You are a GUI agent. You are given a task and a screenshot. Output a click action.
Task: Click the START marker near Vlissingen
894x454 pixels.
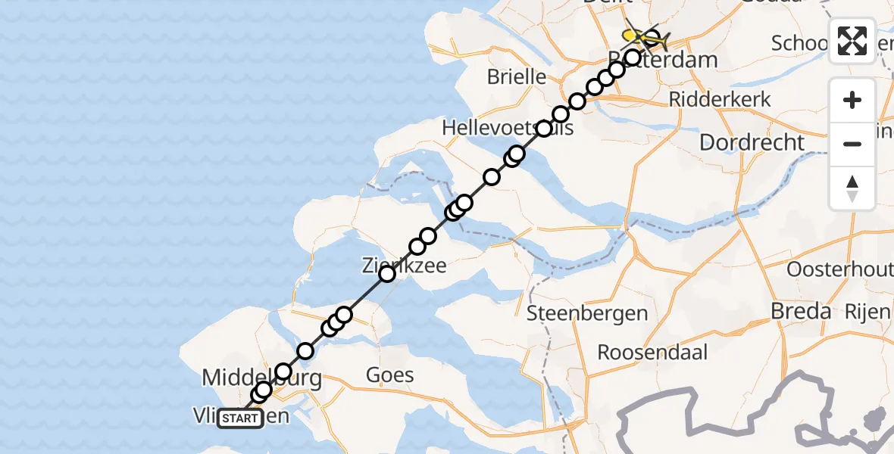pos(240,418)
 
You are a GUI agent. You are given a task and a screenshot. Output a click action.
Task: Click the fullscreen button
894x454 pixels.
pos(852,41)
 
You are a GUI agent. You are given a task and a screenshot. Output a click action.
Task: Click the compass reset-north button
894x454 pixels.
pos(852,188)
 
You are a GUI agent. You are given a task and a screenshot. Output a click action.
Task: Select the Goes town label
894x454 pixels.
pos(389,375)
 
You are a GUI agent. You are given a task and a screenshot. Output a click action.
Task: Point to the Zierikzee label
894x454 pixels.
pos(403,266)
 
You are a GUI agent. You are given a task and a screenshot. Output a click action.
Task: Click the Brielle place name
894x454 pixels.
pos(517,76)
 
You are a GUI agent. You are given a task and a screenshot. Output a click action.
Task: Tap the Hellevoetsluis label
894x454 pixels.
pos(508,129)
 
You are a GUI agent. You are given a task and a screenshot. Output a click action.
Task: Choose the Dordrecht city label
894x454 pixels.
pos(752,141)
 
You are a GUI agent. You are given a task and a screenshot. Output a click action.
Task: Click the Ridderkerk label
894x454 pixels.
pos(720,99)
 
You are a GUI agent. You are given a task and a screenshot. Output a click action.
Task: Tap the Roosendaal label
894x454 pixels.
pos(652,352)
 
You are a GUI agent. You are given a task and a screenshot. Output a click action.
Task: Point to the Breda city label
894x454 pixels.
pos(801,311)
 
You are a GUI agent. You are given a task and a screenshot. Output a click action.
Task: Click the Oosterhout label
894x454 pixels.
pos(839,269)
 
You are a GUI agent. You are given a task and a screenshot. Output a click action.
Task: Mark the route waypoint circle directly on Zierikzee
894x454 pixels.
pos(387,273)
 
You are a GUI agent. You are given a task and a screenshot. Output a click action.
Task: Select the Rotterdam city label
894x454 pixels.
pos(656,59)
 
